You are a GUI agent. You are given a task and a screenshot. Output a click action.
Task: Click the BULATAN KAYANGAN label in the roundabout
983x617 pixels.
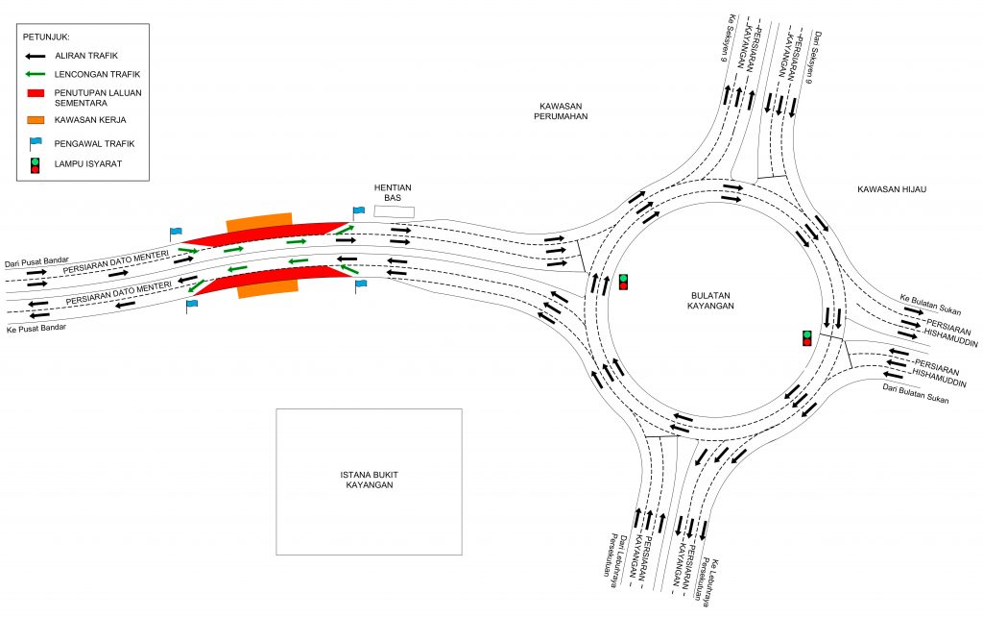pos(710,301)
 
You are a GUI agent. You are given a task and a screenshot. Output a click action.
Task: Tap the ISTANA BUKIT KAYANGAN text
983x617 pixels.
pos(370,480)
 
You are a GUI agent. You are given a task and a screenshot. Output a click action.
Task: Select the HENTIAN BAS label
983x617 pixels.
pos(393,192)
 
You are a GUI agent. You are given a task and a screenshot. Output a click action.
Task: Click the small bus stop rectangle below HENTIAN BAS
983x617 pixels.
pos(395,211)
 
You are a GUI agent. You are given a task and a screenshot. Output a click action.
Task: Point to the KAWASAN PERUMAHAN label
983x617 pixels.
pos(561,111)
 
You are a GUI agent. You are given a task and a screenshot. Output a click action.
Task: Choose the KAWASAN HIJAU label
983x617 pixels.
pos(892,189)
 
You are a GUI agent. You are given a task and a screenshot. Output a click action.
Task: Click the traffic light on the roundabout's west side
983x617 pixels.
pos(623,282)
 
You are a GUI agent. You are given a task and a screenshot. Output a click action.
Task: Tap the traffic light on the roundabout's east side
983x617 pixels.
pos(806,338)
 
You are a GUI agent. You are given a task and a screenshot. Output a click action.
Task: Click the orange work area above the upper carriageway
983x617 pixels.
pos(259,222)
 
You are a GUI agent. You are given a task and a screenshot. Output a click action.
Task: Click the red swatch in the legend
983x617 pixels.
pos(36,93)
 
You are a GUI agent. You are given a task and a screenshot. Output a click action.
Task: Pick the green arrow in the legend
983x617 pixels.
pos(36,74)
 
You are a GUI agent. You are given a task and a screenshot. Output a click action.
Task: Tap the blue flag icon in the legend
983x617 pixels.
pos(36,143)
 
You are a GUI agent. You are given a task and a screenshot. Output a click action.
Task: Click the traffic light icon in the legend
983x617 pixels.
pos(36,165)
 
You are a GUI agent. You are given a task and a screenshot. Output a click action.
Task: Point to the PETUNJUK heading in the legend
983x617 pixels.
pos(46,37)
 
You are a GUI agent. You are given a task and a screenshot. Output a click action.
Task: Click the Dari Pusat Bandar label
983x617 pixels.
pos(36,261)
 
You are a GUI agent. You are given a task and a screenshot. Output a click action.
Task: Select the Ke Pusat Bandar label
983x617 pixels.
pos(36,328)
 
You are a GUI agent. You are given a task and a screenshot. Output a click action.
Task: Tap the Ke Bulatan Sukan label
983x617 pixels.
pos(930,305)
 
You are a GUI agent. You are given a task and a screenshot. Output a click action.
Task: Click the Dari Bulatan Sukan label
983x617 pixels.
pos(915,393)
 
